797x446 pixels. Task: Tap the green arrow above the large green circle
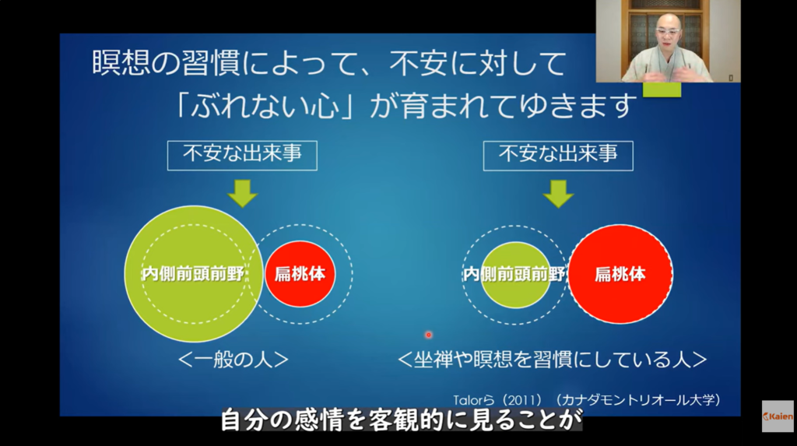pyautogui.click(x=243, y=194)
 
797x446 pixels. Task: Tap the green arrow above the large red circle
pyautogui.click(x=558, y=194)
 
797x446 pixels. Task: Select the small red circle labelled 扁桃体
pyautogui.click(x=300, y=274)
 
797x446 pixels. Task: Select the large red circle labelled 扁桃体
pyautogui.click(x=620, y=274)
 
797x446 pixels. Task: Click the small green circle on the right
pyautogui.click(x=515, y=275)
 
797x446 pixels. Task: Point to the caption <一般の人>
pyautogui.click(x=233, y=360)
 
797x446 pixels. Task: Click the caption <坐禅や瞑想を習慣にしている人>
pyautogui.click(x=552, y=360)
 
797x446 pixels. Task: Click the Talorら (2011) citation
pyautogui.click(x=587, y=400)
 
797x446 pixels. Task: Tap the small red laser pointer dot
pyautogui.click(x=429, y=335)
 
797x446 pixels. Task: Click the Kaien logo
pyautogui.click(x=778, y=416)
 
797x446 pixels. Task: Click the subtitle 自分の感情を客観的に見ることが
pyautogui.click(x=402, y=420)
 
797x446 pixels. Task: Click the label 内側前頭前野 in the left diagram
pyautogui.click(x=193, y=274)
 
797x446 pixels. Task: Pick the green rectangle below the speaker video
pyautogui.click(x=662, y=90)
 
